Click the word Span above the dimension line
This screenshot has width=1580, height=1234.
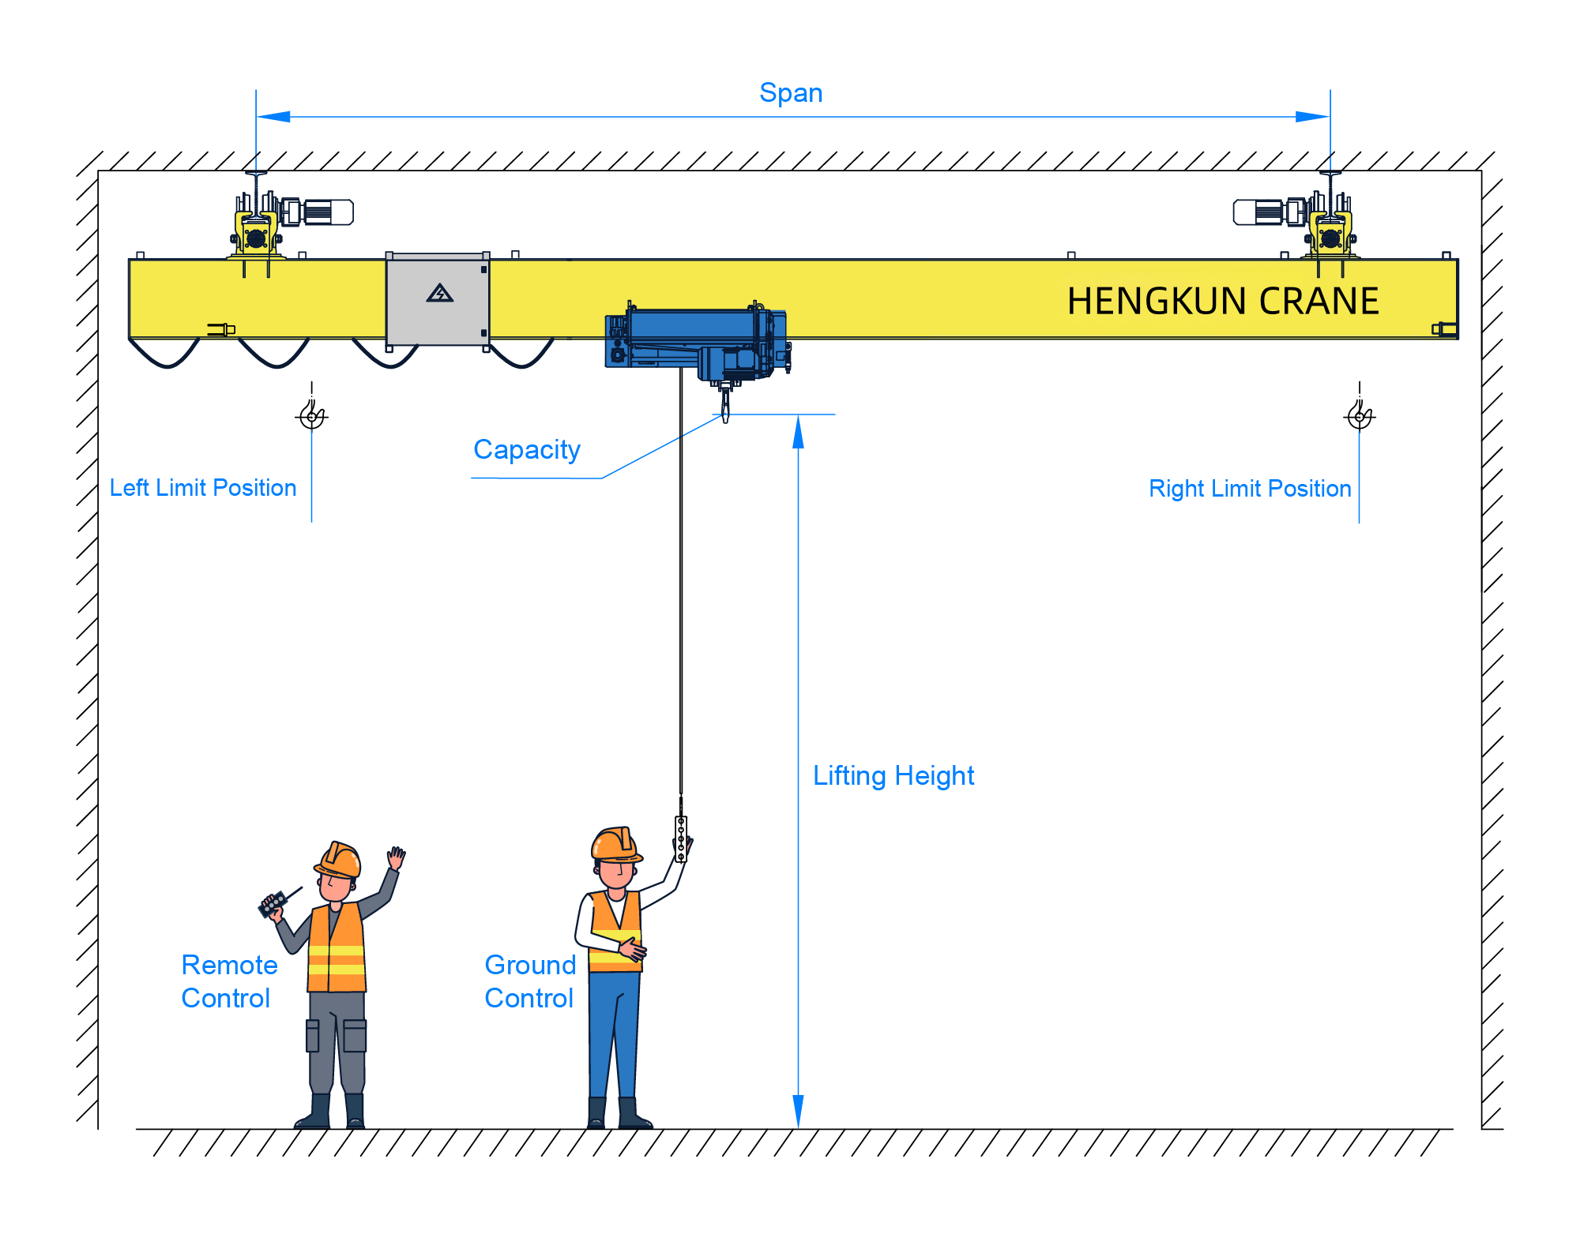[x=791, y=93]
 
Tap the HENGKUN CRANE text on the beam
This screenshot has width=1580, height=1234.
[x=1222, y=301]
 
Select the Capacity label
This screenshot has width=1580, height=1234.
[x=526, y=449]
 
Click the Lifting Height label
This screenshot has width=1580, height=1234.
[x=893, y=775]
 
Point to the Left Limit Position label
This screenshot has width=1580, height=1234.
[x=203, y=488]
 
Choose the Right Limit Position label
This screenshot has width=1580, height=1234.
[x=1249, y=489]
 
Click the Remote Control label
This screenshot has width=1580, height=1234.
[x=229, y=981]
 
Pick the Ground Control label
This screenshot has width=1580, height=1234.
[x=529, y=981]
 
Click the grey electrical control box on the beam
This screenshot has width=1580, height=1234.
[x=437, y=300]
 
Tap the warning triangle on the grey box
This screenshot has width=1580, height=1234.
[x=439, y=294]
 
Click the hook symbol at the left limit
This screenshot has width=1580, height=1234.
[x=312, y=414]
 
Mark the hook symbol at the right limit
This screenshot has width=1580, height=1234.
[x=1360, y=414]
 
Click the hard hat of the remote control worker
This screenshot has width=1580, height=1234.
[x=340, y=859]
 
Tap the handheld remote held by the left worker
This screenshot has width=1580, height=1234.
[x=273, y=903]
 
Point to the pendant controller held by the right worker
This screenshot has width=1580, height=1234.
[x=681, y=838]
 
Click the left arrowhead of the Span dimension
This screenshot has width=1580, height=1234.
[x=273, y=117]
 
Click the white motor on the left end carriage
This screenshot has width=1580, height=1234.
[x=327, y=212]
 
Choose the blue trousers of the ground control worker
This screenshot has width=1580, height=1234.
[x=613, y=1034]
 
